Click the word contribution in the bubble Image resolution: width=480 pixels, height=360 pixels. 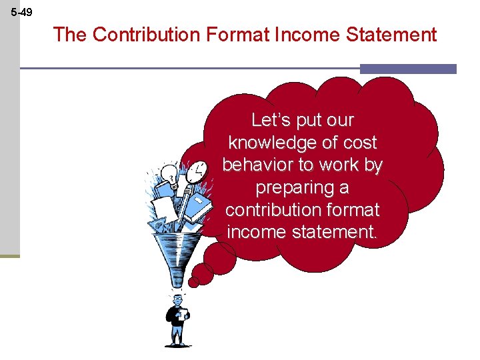[273, 211]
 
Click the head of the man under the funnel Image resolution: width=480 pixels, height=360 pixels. [177, 299]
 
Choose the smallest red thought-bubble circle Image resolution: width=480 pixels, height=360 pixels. [193, 282]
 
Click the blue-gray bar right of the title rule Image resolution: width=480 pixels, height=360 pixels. [408, 69]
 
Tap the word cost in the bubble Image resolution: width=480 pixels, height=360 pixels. [360, 143]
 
